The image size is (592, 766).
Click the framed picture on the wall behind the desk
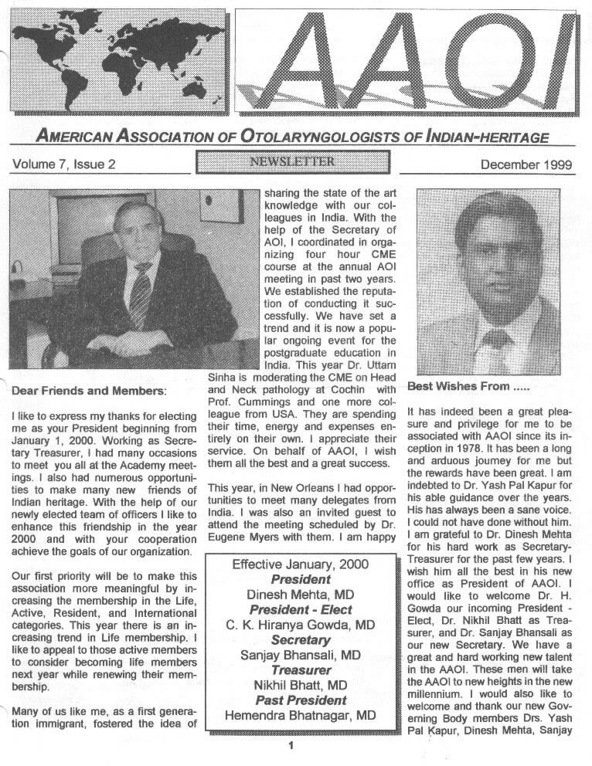coord(210,207)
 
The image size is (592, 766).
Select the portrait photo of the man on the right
coord(488,282)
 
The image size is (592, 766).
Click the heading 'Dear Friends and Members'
coord(90,391)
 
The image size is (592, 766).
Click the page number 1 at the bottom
coord(291,745)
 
